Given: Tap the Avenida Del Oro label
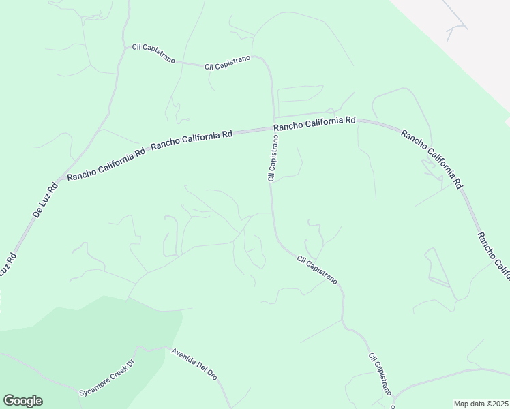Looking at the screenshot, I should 194,365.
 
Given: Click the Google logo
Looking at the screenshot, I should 22,401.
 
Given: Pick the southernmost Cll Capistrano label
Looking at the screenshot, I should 380,375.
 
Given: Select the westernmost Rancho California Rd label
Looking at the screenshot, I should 106,164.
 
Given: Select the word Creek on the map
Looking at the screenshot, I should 119,372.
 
